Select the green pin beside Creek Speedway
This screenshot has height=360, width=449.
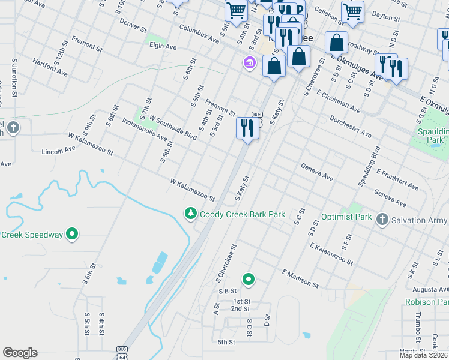(73, 234)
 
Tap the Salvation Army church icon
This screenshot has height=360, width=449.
(382, 220)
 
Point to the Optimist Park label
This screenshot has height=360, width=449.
(347, 217)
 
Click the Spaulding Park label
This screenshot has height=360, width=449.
(431, 135)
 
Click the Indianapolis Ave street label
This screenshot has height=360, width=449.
(144, 129)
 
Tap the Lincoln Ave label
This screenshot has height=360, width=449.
(59, 149)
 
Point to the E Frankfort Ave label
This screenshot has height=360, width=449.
(397, 179)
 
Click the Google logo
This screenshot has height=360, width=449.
(20, 353)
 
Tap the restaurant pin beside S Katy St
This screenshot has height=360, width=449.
(247, 128)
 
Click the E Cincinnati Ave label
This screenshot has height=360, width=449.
(339, 102)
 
